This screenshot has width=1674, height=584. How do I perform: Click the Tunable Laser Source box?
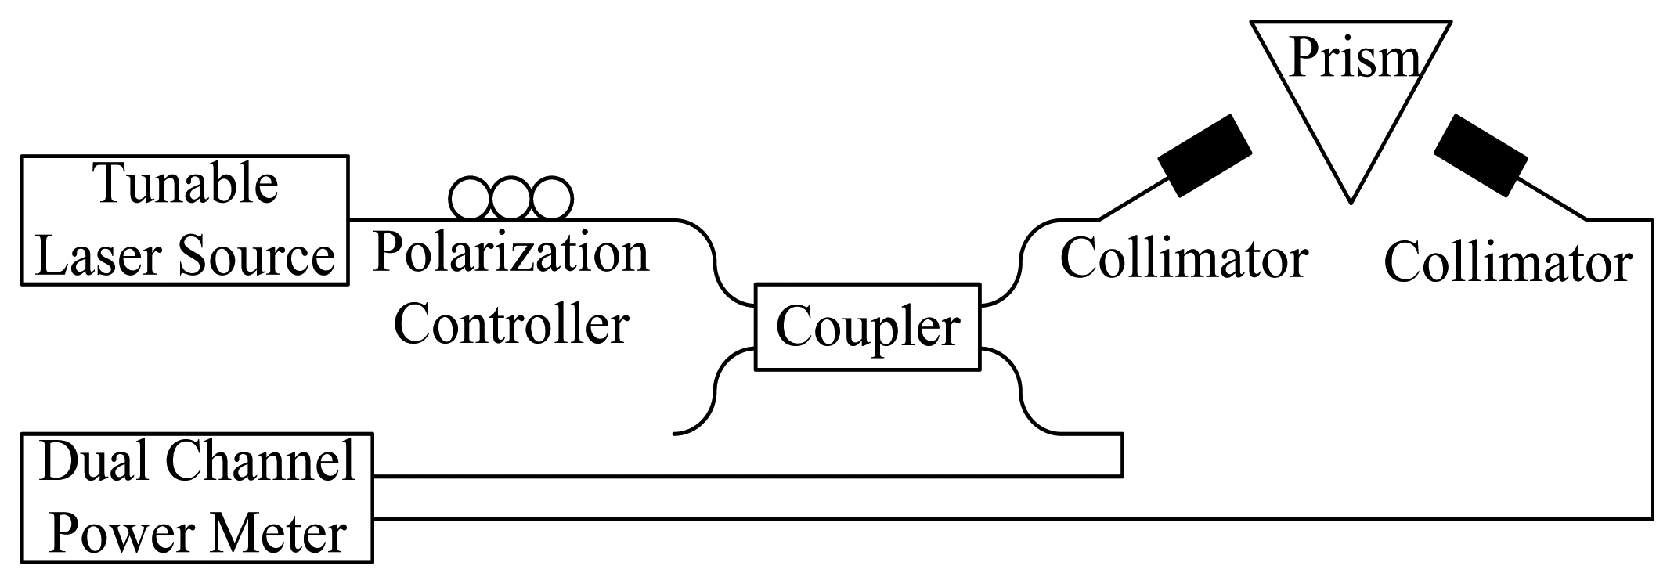click(185, 220)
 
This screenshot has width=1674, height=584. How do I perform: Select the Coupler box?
click(867, 327)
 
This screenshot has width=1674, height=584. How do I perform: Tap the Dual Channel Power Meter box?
click(197, 497)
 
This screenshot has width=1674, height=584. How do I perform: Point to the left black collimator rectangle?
click(1205, 156)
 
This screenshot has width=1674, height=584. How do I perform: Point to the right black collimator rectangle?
click(1481, 156)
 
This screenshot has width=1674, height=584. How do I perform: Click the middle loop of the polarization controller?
click(511, 199)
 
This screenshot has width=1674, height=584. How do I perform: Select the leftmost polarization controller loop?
click(470, 199)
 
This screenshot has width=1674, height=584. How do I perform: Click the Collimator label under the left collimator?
click(1184, 259)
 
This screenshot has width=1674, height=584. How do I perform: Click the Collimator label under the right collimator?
click(1507, 263)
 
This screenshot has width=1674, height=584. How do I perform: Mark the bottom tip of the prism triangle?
click(1351, 200)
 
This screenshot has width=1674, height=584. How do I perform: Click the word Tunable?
click(186, 185)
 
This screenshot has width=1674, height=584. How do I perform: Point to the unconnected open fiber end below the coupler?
click(676, 433)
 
